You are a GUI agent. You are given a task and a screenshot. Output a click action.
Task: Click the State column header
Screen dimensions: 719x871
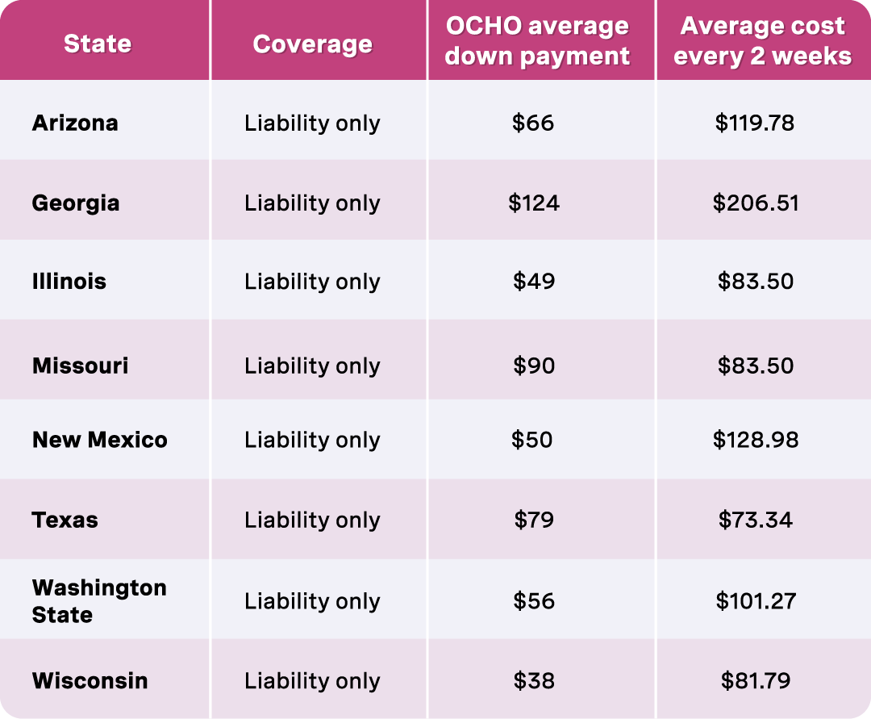[98, 43]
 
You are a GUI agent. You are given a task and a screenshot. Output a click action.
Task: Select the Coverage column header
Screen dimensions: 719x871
[312, 44]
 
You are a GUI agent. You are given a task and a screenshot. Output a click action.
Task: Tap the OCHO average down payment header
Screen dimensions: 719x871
[537, 40]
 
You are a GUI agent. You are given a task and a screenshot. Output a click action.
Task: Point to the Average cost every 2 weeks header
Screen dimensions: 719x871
[762, 40]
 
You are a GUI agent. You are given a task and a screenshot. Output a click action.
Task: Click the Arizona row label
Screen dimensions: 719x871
[75, 123]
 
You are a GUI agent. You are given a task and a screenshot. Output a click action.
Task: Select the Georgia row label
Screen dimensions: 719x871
[76, 203]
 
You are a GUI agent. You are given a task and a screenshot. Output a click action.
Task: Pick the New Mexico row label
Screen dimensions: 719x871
[100, 440]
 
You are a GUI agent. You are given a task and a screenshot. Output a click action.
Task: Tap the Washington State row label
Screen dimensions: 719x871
[99, 601]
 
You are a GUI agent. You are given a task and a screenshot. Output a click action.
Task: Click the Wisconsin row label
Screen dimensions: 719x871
[90, 680]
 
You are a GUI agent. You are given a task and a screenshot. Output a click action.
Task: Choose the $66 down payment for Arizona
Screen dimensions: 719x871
[533, 123]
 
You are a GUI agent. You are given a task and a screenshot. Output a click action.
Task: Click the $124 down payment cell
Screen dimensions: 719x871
[533, 203]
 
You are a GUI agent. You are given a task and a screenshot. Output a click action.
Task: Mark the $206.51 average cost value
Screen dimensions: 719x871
[756, 203]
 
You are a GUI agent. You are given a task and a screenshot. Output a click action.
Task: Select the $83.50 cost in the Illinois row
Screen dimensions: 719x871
[756, 282]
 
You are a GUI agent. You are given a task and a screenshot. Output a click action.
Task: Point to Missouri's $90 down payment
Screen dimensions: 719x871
[534, 366]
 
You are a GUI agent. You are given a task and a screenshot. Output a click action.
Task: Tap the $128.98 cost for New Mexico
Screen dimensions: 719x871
[756, 440]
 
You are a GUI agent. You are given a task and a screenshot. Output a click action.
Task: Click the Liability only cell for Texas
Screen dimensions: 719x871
[312, 520]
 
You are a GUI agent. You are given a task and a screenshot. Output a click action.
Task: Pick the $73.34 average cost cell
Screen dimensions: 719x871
[756, 520]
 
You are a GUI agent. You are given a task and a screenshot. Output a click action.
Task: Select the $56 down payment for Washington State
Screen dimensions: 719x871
[534, 601]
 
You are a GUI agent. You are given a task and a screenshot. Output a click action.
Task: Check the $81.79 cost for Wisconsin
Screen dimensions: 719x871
[756, 680]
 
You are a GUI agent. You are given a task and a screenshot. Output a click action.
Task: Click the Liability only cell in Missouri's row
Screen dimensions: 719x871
[312, 366]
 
